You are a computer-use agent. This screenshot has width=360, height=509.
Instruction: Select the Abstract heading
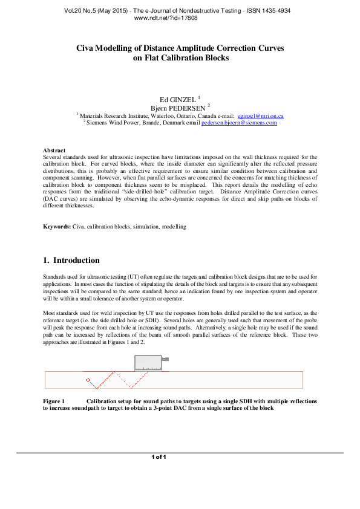pyautogui.click(x=55, y=150)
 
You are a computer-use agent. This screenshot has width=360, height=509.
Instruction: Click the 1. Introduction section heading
pyautogui.click(x=71, y=261)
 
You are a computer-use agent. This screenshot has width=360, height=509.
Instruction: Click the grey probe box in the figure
pyautogui.click(x=148, y=363)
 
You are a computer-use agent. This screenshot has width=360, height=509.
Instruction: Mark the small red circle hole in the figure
pyautogui.click(x=88, y=380)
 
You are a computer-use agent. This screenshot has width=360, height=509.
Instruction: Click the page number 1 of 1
pyautogui.click(x=159, y=457)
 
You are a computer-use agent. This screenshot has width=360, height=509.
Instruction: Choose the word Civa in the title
pyautogui.click(x=88, y=48)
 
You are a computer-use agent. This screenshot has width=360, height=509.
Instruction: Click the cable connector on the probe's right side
pyautogui.click(x=165, y=359)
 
